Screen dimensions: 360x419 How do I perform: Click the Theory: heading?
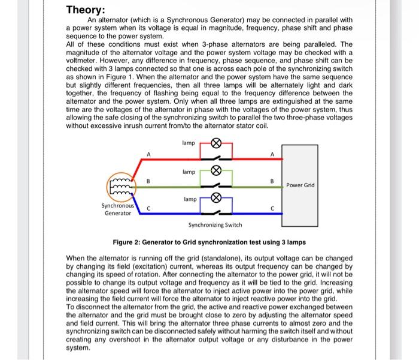86,10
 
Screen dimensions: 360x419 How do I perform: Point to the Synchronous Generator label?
116,209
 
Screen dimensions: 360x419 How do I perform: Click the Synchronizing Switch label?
215,225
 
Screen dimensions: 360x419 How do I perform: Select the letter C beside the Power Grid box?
272,209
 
